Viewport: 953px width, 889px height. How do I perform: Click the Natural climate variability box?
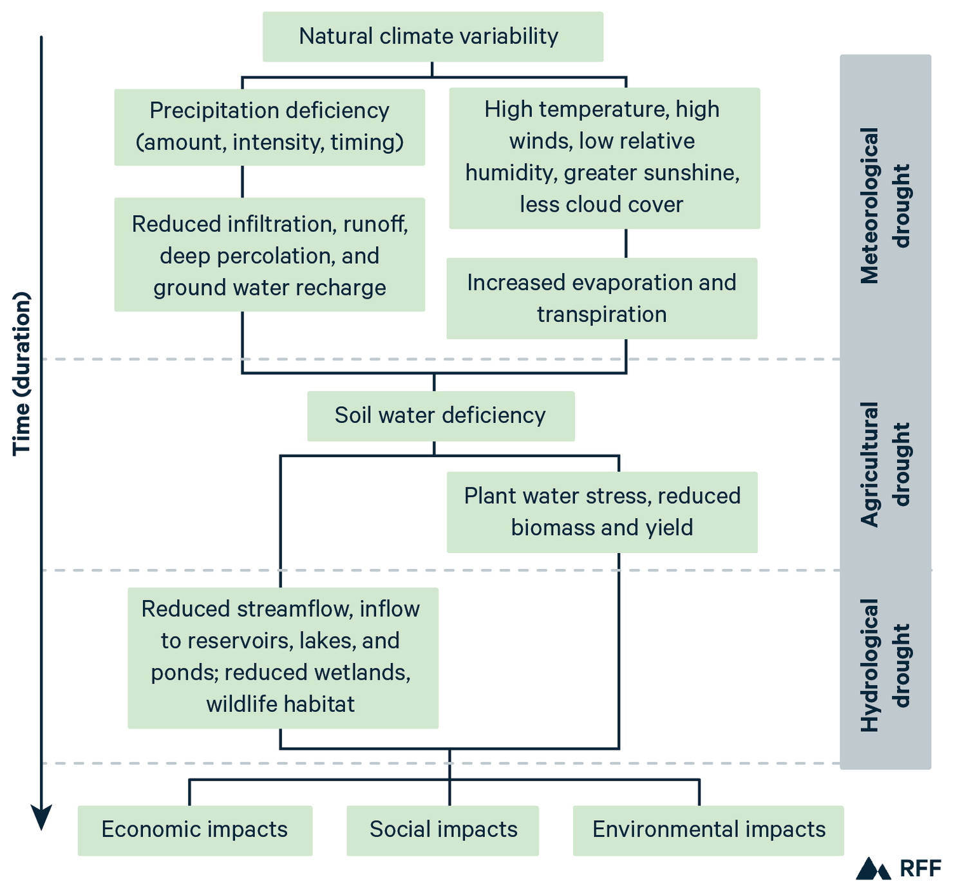tap(432, 37)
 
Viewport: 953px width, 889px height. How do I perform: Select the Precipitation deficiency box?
tap(269, 127)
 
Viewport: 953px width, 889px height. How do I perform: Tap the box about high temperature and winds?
tap(604, 158)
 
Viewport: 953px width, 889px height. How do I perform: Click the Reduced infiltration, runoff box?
tap(269, 255)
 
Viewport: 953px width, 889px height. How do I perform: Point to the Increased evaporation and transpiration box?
tap(601, 299)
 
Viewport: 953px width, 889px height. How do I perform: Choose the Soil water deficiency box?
tap(440, 416)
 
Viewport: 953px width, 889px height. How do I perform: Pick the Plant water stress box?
tap(601, 512)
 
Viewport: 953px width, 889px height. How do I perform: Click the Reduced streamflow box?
tap(283, 657)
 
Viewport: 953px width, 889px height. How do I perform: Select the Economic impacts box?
tap(194, 830)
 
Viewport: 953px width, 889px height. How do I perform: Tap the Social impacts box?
tap(442, 830)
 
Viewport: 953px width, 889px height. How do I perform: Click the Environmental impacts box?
tap(708, 830)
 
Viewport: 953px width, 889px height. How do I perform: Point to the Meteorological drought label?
tap(885, 206)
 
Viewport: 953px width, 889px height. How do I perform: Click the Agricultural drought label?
tap(885, 464)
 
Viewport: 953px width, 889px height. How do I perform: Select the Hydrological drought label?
tap(885, 666)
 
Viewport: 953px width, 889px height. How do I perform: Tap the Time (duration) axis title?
tap(22, 373)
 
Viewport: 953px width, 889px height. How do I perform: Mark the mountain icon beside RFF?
tap(873, 868)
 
